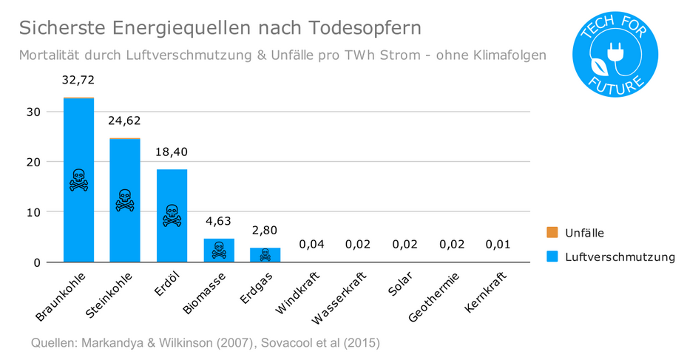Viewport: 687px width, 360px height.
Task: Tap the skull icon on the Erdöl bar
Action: (x=172, y=215)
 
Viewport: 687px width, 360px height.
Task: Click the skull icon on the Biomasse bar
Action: (x=218, y=250)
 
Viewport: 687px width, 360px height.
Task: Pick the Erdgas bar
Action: (x=265, y=254)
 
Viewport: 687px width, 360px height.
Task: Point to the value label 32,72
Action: (x=78, y=80)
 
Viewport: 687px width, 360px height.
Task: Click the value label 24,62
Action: (x=125, y=120)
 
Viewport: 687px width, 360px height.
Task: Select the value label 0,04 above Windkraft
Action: (x=311, y=244)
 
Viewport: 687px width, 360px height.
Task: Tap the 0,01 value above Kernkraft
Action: (x=498, y=244)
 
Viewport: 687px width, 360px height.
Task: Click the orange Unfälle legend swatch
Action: (x=552, y=233)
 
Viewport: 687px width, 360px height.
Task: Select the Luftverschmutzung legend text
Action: (x=620, y=257)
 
